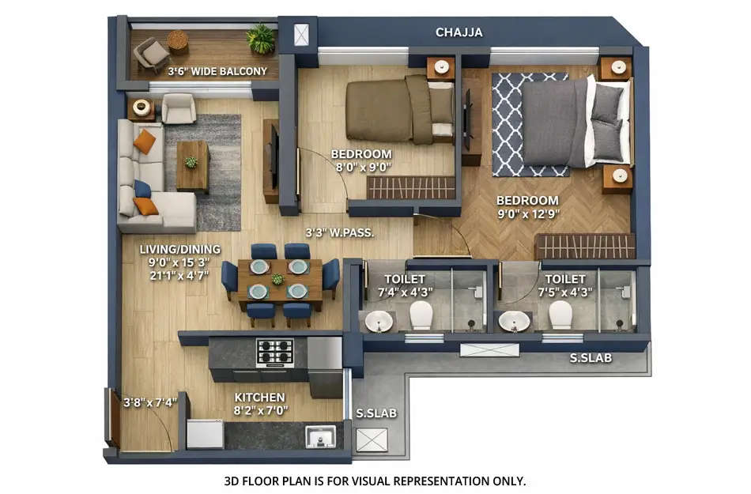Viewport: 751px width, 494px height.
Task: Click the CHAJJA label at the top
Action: [x=459, y=32]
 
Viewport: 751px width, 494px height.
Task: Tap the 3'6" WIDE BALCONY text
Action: [x=217, y=71]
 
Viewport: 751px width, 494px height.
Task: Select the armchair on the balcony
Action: [x=150, y=54]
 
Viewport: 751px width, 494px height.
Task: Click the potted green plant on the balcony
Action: [x=260, y=37]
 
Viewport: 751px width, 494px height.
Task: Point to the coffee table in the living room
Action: [x=192, y=165]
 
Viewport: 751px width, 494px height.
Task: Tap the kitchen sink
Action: [x=320, y=436]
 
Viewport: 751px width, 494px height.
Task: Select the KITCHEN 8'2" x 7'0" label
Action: [x=260, y=404]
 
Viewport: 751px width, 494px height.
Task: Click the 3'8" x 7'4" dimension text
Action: [x=150, y=402]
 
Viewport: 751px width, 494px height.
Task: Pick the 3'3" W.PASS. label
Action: [x=340, y=233]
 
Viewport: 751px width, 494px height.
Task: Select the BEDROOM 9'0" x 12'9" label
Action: [x=527, y=207]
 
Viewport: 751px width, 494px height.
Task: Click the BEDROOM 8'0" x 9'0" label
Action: [x=361, y=160]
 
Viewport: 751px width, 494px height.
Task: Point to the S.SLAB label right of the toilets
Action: [x=591, y=358]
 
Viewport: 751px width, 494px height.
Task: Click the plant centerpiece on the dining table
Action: [x=277, y=279]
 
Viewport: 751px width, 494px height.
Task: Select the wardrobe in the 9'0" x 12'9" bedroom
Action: [x=584, y=246]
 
